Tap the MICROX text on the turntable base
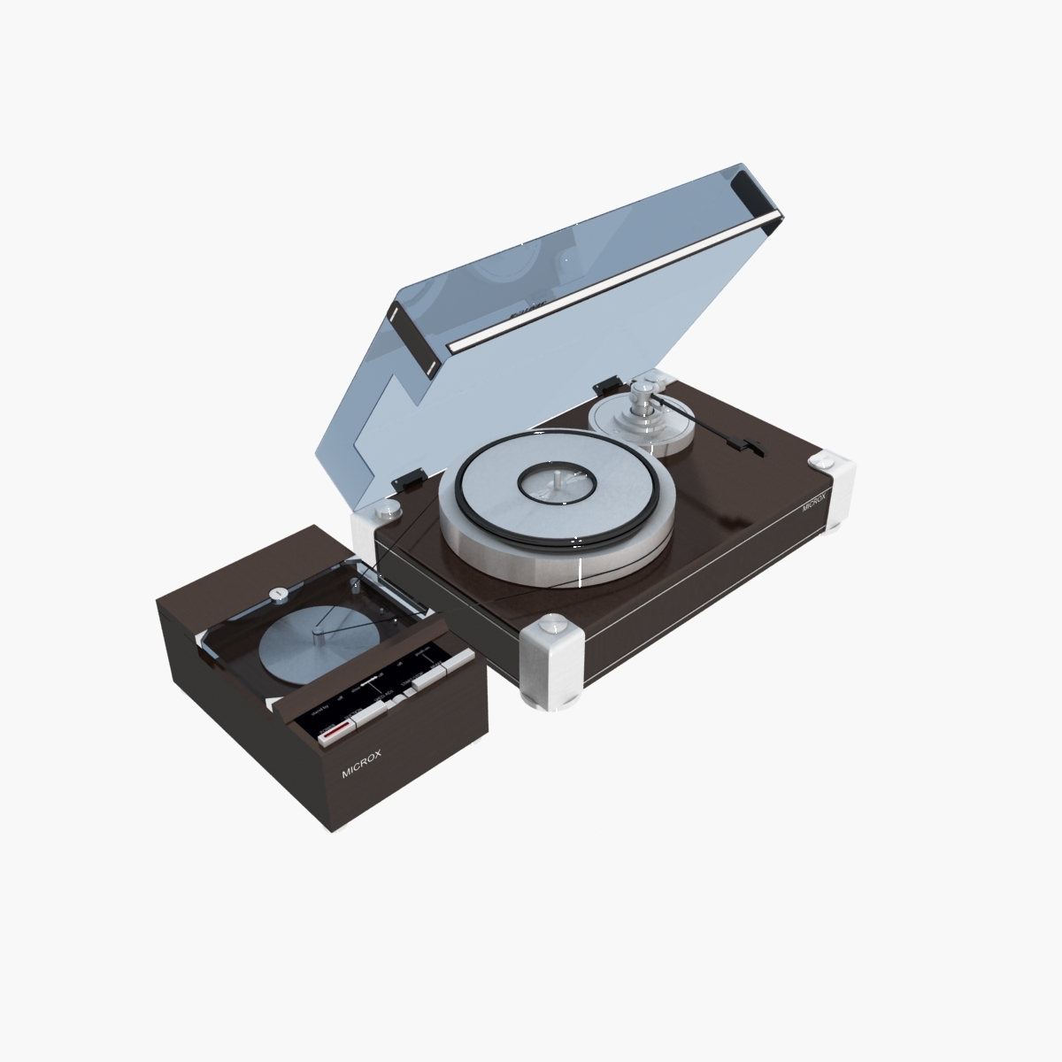coord(814,504)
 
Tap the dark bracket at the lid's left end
coord(410,337)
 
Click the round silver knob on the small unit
coord(278,593)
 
